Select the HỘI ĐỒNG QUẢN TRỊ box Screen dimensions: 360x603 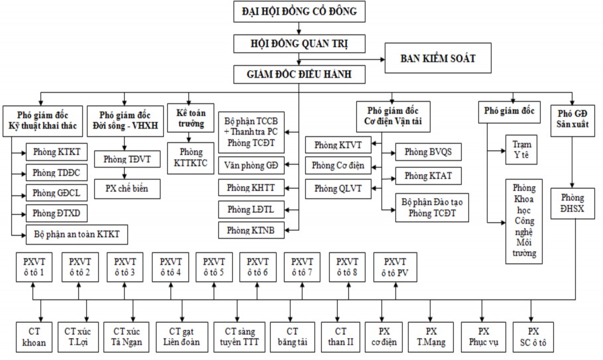300,44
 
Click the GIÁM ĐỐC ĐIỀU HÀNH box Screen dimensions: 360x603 300,74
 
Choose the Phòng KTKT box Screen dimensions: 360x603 56,152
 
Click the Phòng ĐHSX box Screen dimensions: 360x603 572,204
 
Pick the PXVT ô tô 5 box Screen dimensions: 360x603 214,267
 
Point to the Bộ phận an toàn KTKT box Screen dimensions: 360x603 76,234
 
